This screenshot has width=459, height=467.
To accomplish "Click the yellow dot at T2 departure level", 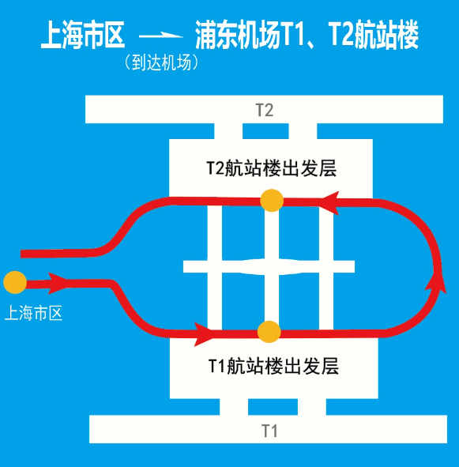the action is pyautogui.click(x=271, y=201).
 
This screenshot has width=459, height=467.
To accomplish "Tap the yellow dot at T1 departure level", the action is pyautogui.click(x=269, y=332).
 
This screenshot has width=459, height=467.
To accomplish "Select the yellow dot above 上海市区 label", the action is pyautogui.click(x=15, y=282).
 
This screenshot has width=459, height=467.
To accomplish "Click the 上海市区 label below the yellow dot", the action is pyautogui.click(x=33, y=313).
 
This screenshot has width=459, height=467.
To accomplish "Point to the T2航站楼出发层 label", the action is pyautogui.click(x=271, y=168).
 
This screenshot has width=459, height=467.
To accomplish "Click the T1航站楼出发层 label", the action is pyautogui.click(x=273, y=366).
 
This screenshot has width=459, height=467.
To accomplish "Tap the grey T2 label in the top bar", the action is pyautogui.click(x=265, y=110).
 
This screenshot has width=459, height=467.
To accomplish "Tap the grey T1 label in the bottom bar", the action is pyautogui.click(x=269, y=431).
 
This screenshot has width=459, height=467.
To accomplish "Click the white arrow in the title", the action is pyautogui.click(x=161, y=36).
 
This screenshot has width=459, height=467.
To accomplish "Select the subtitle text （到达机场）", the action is pyautogui.click(x=161, y=62).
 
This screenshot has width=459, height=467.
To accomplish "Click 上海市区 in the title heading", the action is pyautogui.click(x=82, y=35).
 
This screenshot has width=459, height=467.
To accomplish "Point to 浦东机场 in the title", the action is pyautogui.click(x=237, y=35).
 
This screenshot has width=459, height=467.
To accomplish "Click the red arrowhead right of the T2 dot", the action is pyautogui.click(x=330, y=203).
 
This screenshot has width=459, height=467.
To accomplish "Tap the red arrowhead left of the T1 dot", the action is pyautogui.click(x=204, y=334).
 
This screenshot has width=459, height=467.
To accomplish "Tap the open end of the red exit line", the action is pyautogui.click(x=21, y=254).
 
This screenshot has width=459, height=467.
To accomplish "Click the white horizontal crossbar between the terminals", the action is pyautogui.click(x=269, y=266).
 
